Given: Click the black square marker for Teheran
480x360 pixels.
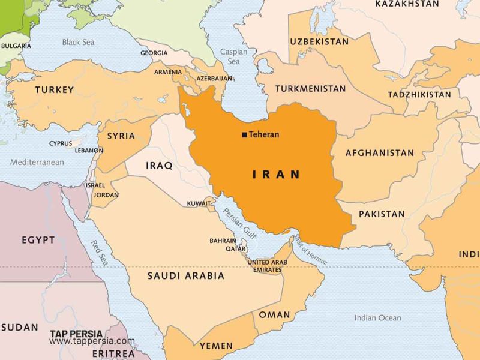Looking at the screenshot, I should (x=244, y=135).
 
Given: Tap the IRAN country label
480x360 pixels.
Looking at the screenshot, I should (x=276, y=175).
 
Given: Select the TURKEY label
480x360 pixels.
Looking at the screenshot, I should (x=54, y=90).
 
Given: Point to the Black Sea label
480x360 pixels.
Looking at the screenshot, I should (x=79, y=42).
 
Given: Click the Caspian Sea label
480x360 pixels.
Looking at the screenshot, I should (x=233, y=56).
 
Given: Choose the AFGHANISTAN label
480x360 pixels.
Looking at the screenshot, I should (x=379, y=153).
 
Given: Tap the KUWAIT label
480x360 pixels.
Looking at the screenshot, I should (x=199, y=203).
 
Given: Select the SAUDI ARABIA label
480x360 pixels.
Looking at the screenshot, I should (x=186, y=276).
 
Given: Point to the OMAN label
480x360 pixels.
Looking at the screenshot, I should (x=274, y=314).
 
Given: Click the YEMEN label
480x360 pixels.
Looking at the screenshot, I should (x=215, y=346).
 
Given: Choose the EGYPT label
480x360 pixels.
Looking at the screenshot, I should (x=38, y=240).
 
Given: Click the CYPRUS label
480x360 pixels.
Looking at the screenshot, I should (x=60, y=143).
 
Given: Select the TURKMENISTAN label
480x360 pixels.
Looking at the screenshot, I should (x=310, y=89).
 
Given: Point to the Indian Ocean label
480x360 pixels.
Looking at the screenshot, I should (x=377, y=318).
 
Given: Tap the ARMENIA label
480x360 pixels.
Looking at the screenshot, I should (x=167, y=72).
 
